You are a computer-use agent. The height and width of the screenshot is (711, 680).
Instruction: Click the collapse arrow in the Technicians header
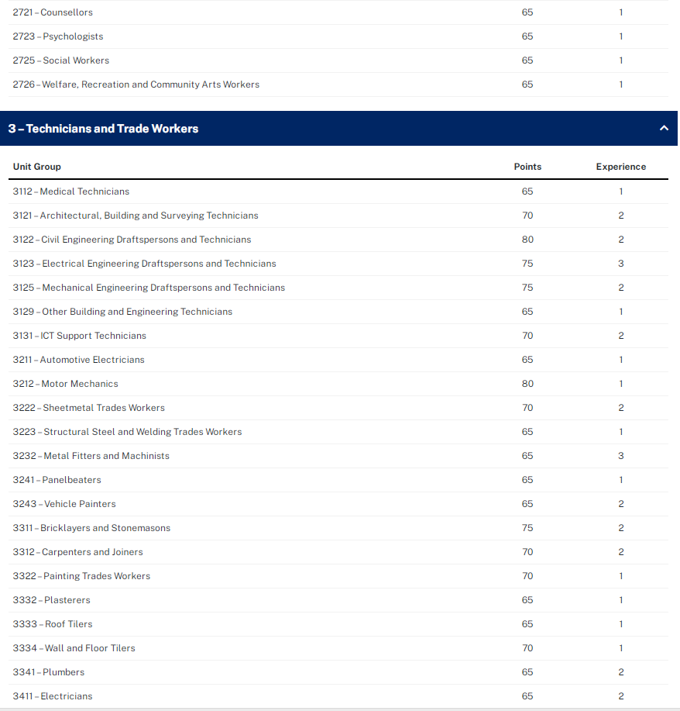coord(664,129)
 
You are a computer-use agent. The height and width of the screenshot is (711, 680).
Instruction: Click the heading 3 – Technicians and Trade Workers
coord(103,129)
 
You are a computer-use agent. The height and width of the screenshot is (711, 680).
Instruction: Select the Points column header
coord(527,167)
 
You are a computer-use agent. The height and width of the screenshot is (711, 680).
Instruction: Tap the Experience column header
coord(620,167)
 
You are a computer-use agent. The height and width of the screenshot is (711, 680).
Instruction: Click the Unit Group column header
coord(36,167)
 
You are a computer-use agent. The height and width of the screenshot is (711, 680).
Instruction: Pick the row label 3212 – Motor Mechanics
coord(66,384)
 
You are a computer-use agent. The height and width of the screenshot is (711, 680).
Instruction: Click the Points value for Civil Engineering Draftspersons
coord(527,240)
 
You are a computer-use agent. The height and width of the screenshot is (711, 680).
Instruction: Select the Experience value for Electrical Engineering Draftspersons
coord(621,264)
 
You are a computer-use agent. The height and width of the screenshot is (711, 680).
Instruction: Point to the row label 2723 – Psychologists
coord(58,36)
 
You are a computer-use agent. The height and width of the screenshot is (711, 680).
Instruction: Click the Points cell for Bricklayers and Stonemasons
coord(527,528)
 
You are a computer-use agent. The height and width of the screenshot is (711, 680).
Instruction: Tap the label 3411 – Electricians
coord(53,696)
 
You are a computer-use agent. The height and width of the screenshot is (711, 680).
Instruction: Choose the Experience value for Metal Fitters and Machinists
coord(621,456)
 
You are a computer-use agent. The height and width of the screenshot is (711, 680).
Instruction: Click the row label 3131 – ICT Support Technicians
coord(80,336)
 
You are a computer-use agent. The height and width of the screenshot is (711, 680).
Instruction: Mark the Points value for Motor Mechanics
coord(527,384)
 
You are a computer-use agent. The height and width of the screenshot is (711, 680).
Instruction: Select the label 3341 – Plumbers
coord(49,672)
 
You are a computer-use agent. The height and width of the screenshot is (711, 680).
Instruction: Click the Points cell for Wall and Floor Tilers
coord(527,648)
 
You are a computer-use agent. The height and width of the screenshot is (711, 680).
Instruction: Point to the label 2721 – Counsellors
coord(53,12)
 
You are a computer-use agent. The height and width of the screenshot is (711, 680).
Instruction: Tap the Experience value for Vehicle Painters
coord(621,504)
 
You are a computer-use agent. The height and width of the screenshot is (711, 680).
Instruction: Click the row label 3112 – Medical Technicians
coord(71,192)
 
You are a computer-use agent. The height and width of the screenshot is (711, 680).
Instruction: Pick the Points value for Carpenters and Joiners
coord(527,552)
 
